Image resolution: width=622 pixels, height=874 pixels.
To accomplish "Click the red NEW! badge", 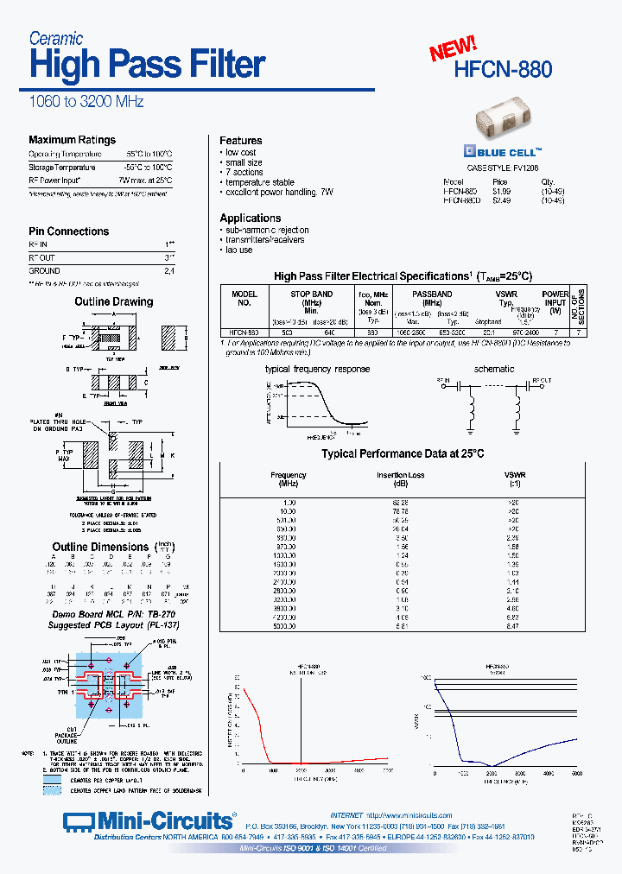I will click(454, 48).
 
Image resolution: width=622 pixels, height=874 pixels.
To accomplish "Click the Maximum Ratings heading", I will click(72, 140).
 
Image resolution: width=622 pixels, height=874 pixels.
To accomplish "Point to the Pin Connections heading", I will click(68, 231).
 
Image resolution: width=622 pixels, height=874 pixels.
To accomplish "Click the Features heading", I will click(240, 141).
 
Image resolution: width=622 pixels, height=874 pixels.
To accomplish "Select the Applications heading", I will click(250, 218).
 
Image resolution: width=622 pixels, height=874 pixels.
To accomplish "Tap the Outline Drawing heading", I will click(113, 302).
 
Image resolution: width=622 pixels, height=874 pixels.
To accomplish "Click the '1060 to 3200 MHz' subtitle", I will click(86, 102).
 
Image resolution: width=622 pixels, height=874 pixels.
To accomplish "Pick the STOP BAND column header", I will click(311, 294).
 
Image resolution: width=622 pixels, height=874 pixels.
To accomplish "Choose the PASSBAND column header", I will click(431, 294).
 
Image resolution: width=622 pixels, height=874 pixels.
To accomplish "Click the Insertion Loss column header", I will click(401, 475).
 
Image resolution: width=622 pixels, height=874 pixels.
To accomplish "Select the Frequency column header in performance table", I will click(288, 475).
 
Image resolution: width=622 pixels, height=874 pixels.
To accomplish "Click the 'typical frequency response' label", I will click(317, 369).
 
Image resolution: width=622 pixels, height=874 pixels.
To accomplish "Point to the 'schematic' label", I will click(494, 369).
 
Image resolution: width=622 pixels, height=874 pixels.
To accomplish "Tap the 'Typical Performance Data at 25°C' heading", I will click(403, 453).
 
